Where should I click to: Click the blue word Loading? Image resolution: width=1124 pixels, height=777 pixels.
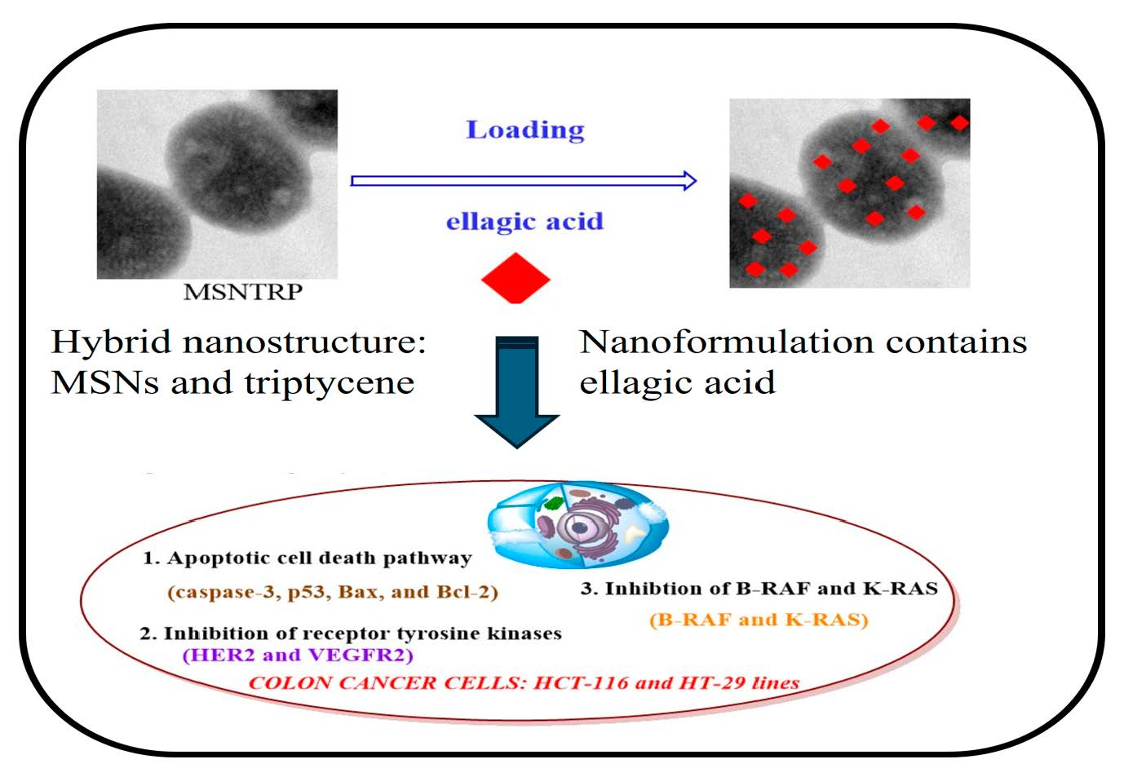pyautogui.click(x=525, y=130)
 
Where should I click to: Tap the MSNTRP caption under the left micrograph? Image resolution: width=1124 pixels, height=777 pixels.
pyautogui.click(x=243, y=292)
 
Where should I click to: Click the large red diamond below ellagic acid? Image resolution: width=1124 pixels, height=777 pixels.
pyautogui.click(x=516, y=277)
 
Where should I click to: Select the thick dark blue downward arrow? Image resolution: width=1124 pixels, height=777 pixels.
pyautogui.click(x=516, y=391)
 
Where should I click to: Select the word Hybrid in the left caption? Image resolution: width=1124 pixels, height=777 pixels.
pyautogui.click(x=111, y=342)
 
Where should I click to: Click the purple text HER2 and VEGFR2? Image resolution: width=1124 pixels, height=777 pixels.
pyautogui.click(x=298, y=655)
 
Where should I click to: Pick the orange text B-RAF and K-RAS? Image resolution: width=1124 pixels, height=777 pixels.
pyautogui.click(x=759, y=620)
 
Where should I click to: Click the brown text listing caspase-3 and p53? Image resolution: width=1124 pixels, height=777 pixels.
pyautogui.click(x=333, y=592)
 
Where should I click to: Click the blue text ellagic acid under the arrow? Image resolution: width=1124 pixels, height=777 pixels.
pyautogui.click(x=524, y=221)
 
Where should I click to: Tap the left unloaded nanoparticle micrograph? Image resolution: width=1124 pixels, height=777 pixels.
pyautogui.click(x=217, y=184)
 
